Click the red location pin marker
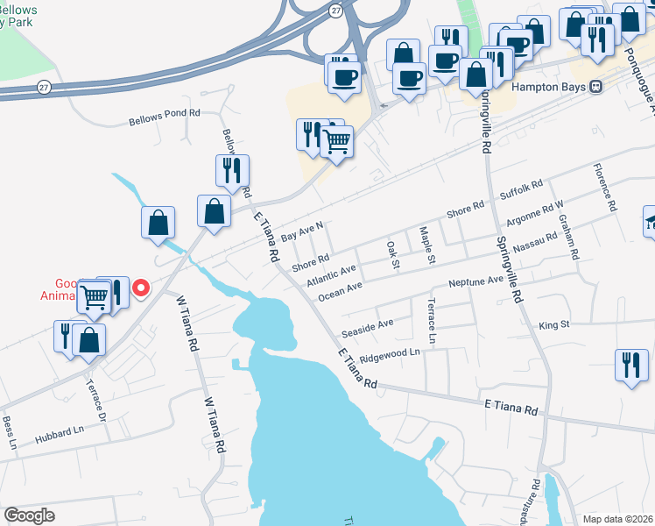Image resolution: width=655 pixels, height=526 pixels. tap(139, 287)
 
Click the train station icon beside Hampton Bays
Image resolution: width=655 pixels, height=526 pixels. tap(596, 87)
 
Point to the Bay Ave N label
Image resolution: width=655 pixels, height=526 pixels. tap(303, 232)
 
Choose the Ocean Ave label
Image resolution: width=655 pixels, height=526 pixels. tap(341, 289)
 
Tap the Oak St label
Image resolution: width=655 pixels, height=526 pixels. tap(392, 248)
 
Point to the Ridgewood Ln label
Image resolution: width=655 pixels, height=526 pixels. tap(391, 355)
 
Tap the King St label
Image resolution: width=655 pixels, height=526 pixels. tap(554, 324)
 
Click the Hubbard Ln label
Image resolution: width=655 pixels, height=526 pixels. tap(59, 433)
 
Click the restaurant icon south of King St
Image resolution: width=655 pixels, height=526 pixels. tap(631, 365)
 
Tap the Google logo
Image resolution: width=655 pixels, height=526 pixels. tap(29, 515)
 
